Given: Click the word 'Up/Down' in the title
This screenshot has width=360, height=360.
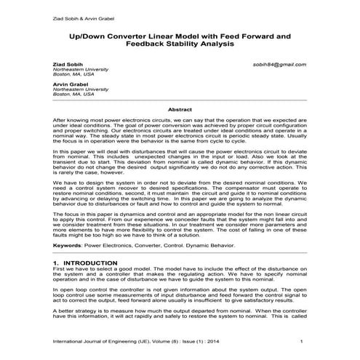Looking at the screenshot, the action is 87,34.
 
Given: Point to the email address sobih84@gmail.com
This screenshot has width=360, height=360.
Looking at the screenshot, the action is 286,64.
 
